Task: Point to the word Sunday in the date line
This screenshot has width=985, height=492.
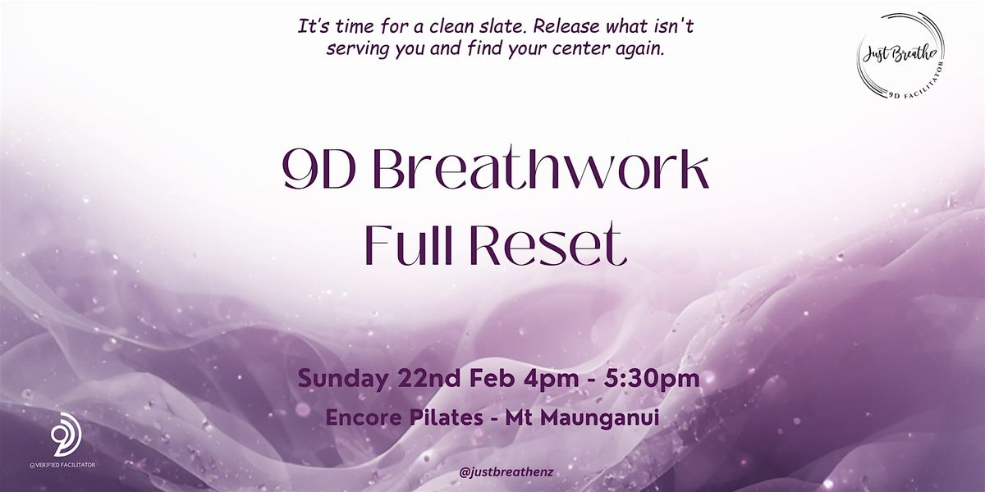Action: click(x=344, y=379)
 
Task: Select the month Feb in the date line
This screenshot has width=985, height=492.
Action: click(x=492, y=378)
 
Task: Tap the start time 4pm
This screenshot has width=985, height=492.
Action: click(x=551, y=380)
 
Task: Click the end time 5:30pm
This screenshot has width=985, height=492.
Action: click(x=651, y=380)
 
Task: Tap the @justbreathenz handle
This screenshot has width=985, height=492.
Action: click(x=506, y=472)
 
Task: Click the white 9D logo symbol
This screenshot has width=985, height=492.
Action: click(x=66, y=434)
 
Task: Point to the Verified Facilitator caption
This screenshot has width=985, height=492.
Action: click(x=62, y=465)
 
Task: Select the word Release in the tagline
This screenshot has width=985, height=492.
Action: click(x=567, y=27)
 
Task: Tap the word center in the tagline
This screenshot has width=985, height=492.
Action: click(x=580, y=49)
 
